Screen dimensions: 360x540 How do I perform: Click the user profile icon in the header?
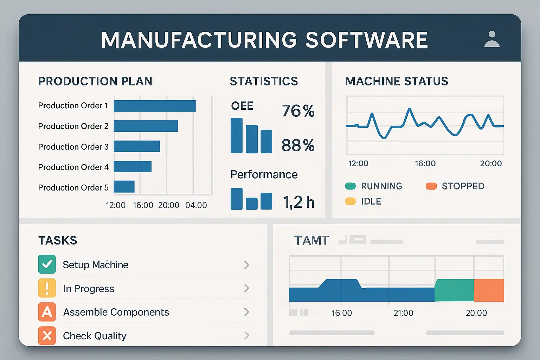coord(492,39)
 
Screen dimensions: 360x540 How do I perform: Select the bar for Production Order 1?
coord(155,106)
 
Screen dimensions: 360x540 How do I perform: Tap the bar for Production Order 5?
coord(124,187)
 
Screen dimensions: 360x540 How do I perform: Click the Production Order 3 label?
coord(73,147)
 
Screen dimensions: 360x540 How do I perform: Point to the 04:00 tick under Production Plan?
coord(196,205)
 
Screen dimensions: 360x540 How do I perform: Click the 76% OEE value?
coord(298,111)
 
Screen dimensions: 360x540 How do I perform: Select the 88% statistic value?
coord(298,145)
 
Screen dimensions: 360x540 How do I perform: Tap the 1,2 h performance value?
coord(298,202)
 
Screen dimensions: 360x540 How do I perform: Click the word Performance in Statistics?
coord(264,174)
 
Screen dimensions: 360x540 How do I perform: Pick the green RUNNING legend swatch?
coord(351,186)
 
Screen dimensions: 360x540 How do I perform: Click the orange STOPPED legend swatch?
coord(431,186)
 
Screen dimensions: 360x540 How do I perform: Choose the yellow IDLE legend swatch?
coord(351,201)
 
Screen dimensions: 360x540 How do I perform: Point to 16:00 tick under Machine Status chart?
coord(425,163)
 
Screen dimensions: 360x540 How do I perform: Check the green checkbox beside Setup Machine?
coord(47,264)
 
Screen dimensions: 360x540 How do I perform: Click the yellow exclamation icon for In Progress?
coord(47,288)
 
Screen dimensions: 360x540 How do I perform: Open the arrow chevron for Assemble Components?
coord(246,312)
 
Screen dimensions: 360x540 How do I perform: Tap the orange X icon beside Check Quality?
coord(47,336)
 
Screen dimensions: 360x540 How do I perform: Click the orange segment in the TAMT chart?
coord(489,290)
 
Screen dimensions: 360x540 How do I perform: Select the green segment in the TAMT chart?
coord(454,290)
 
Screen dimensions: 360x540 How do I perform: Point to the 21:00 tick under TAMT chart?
coord(403,313)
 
